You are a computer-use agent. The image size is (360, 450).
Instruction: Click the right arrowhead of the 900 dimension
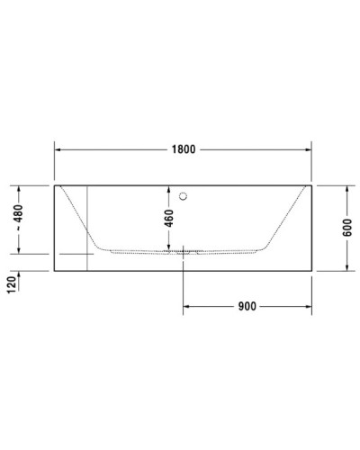click(x=307, y=306)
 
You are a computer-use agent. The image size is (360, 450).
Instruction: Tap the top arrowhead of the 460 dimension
click(x=166, y=190)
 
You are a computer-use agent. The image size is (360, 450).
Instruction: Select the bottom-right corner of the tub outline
click(x=311, y=269)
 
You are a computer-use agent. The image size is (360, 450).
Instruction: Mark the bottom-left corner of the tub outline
click(x=55, y=269)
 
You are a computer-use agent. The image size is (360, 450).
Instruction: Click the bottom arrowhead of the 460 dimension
click(x=166, y=247)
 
